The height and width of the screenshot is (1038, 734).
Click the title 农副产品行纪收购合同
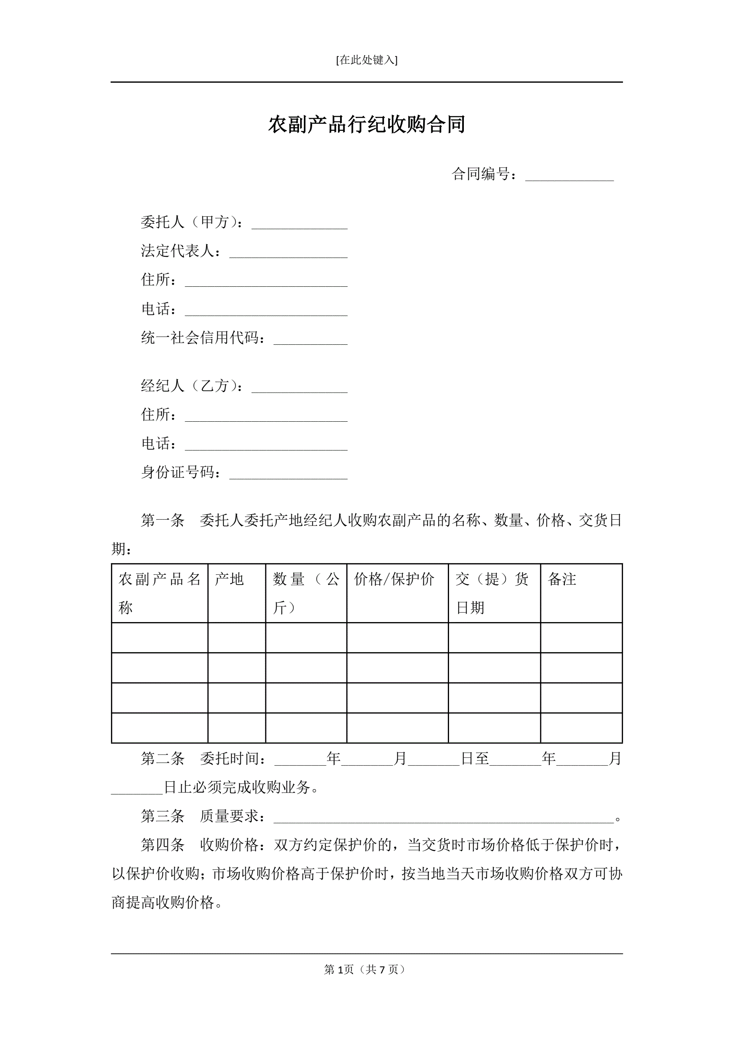click(x=366, y=124)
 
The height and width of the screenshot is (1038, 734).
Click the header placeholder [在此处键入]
click(x=366, y=60)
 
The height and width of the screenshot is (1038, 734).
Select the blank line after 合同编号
click(x=569, y=176)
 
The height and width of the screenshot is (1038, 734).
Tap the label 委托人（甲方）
click(x=192, y=222)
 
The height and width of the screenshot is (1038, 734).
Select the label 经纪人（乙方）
click(x=192, y=385)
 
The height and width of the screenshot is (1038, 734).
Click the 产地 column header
click(x=229, y=579)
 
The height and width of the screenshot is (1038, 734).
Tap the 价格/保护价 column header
click(x=394, y=579)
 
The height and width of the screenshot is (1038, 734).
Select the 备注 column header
click(x=562, y=579)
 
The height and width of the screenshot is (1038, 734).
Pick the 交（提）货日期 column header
click(x=492, y=593)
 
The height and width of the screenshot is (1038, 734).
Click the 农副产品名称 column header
click(x=159, y=593)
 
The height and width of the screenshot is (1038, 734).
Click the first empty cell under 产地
click(x=236, y=637)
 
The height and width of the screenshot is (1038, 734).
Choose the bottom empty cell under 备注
click(x=581, y=727)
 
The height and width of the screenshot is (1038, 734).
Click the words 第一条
click(x=163, y=520)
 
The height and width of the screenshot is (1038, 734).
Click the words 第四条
click(x=163, y=845)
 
